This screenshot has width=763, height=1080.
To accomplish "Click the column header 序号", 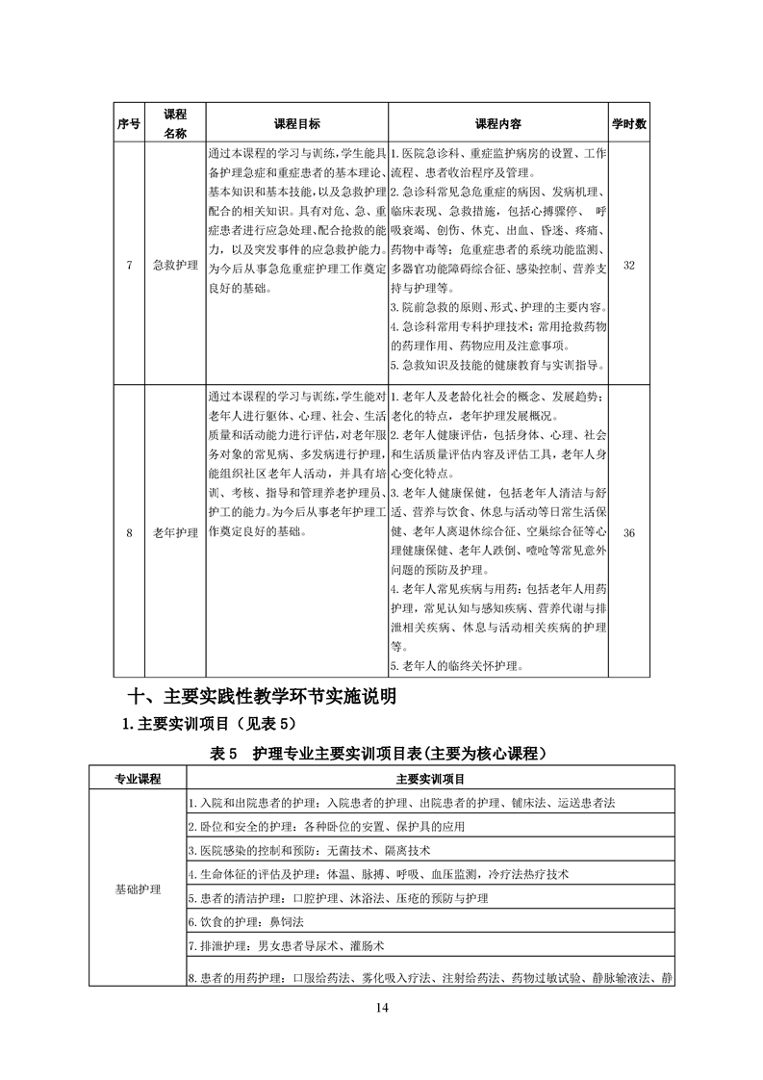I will pos(129,124).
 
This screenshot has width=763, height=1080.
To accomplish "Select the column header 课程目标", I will pos(296,124).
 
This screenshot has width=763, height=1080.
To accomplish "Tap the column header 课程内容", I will pos(498,124).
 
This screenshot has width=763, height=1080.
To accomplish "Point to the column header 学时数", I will pos(628,124).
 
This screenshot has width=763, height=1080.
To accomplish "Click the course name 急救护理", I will pos(175,265).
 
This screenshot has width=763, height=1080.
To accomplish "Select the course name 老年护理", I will pos(175,532).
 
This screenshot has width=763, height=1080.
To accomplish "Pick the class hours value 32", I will pos(628,265).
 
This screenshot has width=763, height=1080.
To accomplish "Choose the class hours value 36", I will pos(628,532).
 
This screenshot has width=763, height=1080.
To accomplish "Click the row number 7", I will pos(129,265).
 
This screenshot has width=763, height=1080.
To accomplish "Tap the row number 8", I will pos(129,532).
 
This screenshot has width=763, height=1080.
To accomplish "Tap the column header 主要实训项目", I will pos(429,778).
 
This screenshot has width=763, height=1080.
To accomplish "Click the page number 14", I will pos(381,1007).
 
